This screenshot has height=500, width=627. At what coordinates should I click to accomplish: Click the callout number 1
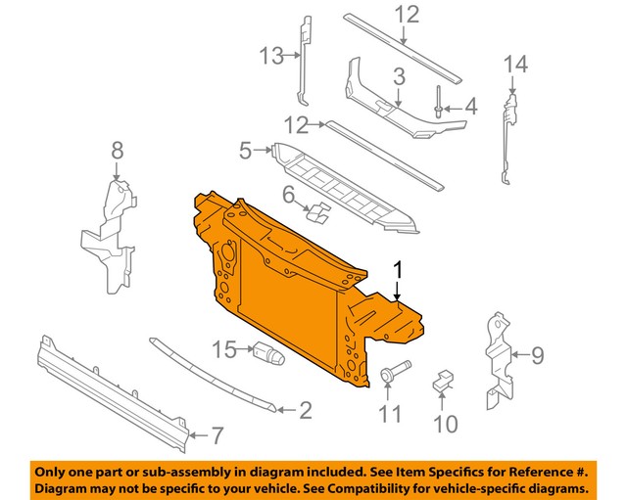(x=398, y=269)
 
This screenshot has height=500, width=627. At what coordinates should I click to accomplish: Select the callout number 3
(x=399, y=76)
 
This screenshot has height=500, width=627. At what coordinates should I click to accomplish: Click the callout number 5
(x=246, y=150)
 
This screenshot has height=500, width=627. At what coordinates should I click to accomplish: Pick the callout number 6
(x=289, y=196)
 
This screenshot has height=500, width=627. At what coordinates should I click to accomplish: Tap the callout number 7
(x=217, y=435)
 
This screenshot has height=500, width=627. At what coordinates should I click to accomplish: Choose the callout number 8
(x=118, y=150)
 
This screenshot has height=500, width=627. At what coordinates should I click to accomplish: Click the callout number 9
(x=537, y=355)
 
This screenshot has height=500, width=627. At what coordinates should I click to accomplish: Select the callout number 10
(x=446, y=423)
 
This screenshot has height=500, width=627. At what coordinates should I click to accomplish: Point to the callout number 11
(x=390, y=415)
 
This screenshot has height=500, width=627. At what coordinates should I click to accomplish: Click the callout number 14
(x=515, y=65)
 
